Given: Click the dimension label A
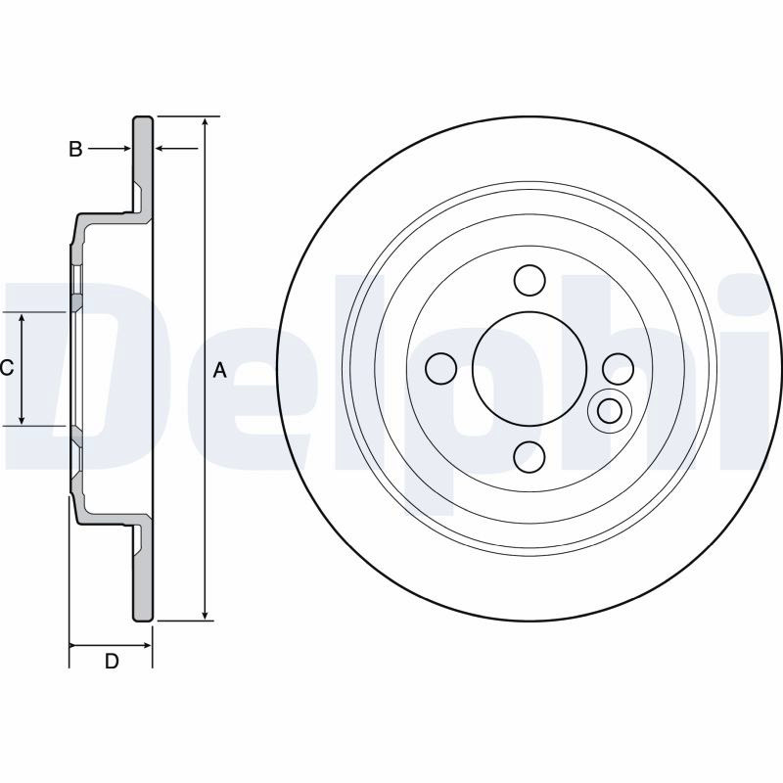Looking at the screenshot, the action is click(x=219, y=371).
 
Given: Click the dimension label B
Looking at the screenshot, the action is click(x=75, y=149).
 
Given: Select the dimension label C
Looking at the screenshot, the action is click(x=7, y=368).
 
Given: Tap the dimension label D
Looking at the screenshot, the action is click(x=112, y=661).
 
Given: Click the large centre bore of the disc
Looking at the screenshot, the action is click(x=530, y=369).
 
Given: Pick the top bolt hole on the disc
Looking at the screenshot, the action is click(x=530, y=280).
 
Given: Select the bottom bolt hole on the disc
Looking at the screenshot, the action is click(x=530, y=457).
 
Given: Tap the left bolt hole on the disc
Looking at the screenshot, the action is click(x=441, y=369).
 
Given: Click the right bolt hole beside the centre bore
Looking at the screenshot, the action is click(x=618, y=369).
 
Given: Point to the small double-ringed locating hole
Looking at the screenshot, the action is click(x=610, y=410).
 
